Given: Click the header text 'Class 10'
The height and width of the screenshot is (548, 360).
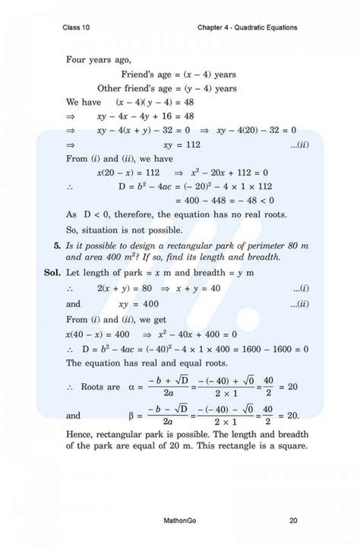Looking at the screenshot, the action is click(78, 28).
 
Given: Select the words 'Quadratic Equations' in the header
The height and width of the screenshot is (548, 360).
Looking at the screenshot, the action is click(263, 28).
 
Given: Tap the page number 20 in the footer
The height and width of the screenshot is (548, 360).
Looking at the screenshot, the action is click(293, 521).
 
